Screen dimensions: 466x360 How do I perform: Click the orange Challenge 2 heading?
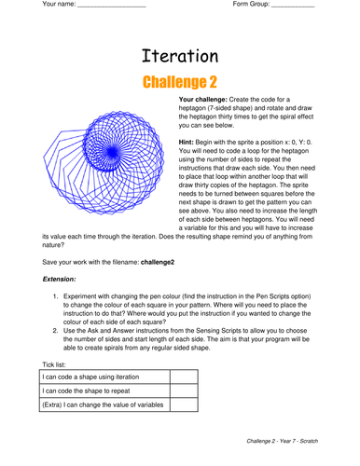(180, 83)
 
